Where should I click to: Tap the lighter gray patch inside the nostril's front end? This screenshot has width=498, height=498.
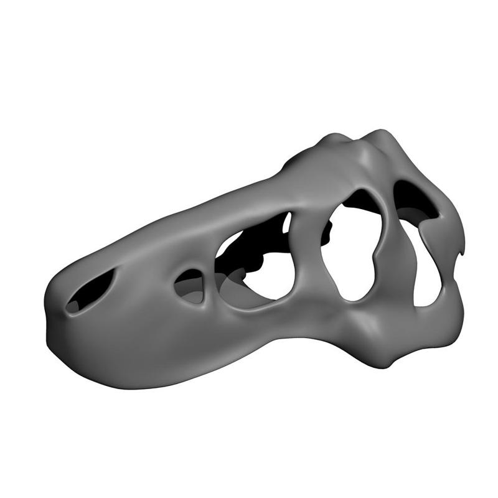[x=73, y=305]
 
